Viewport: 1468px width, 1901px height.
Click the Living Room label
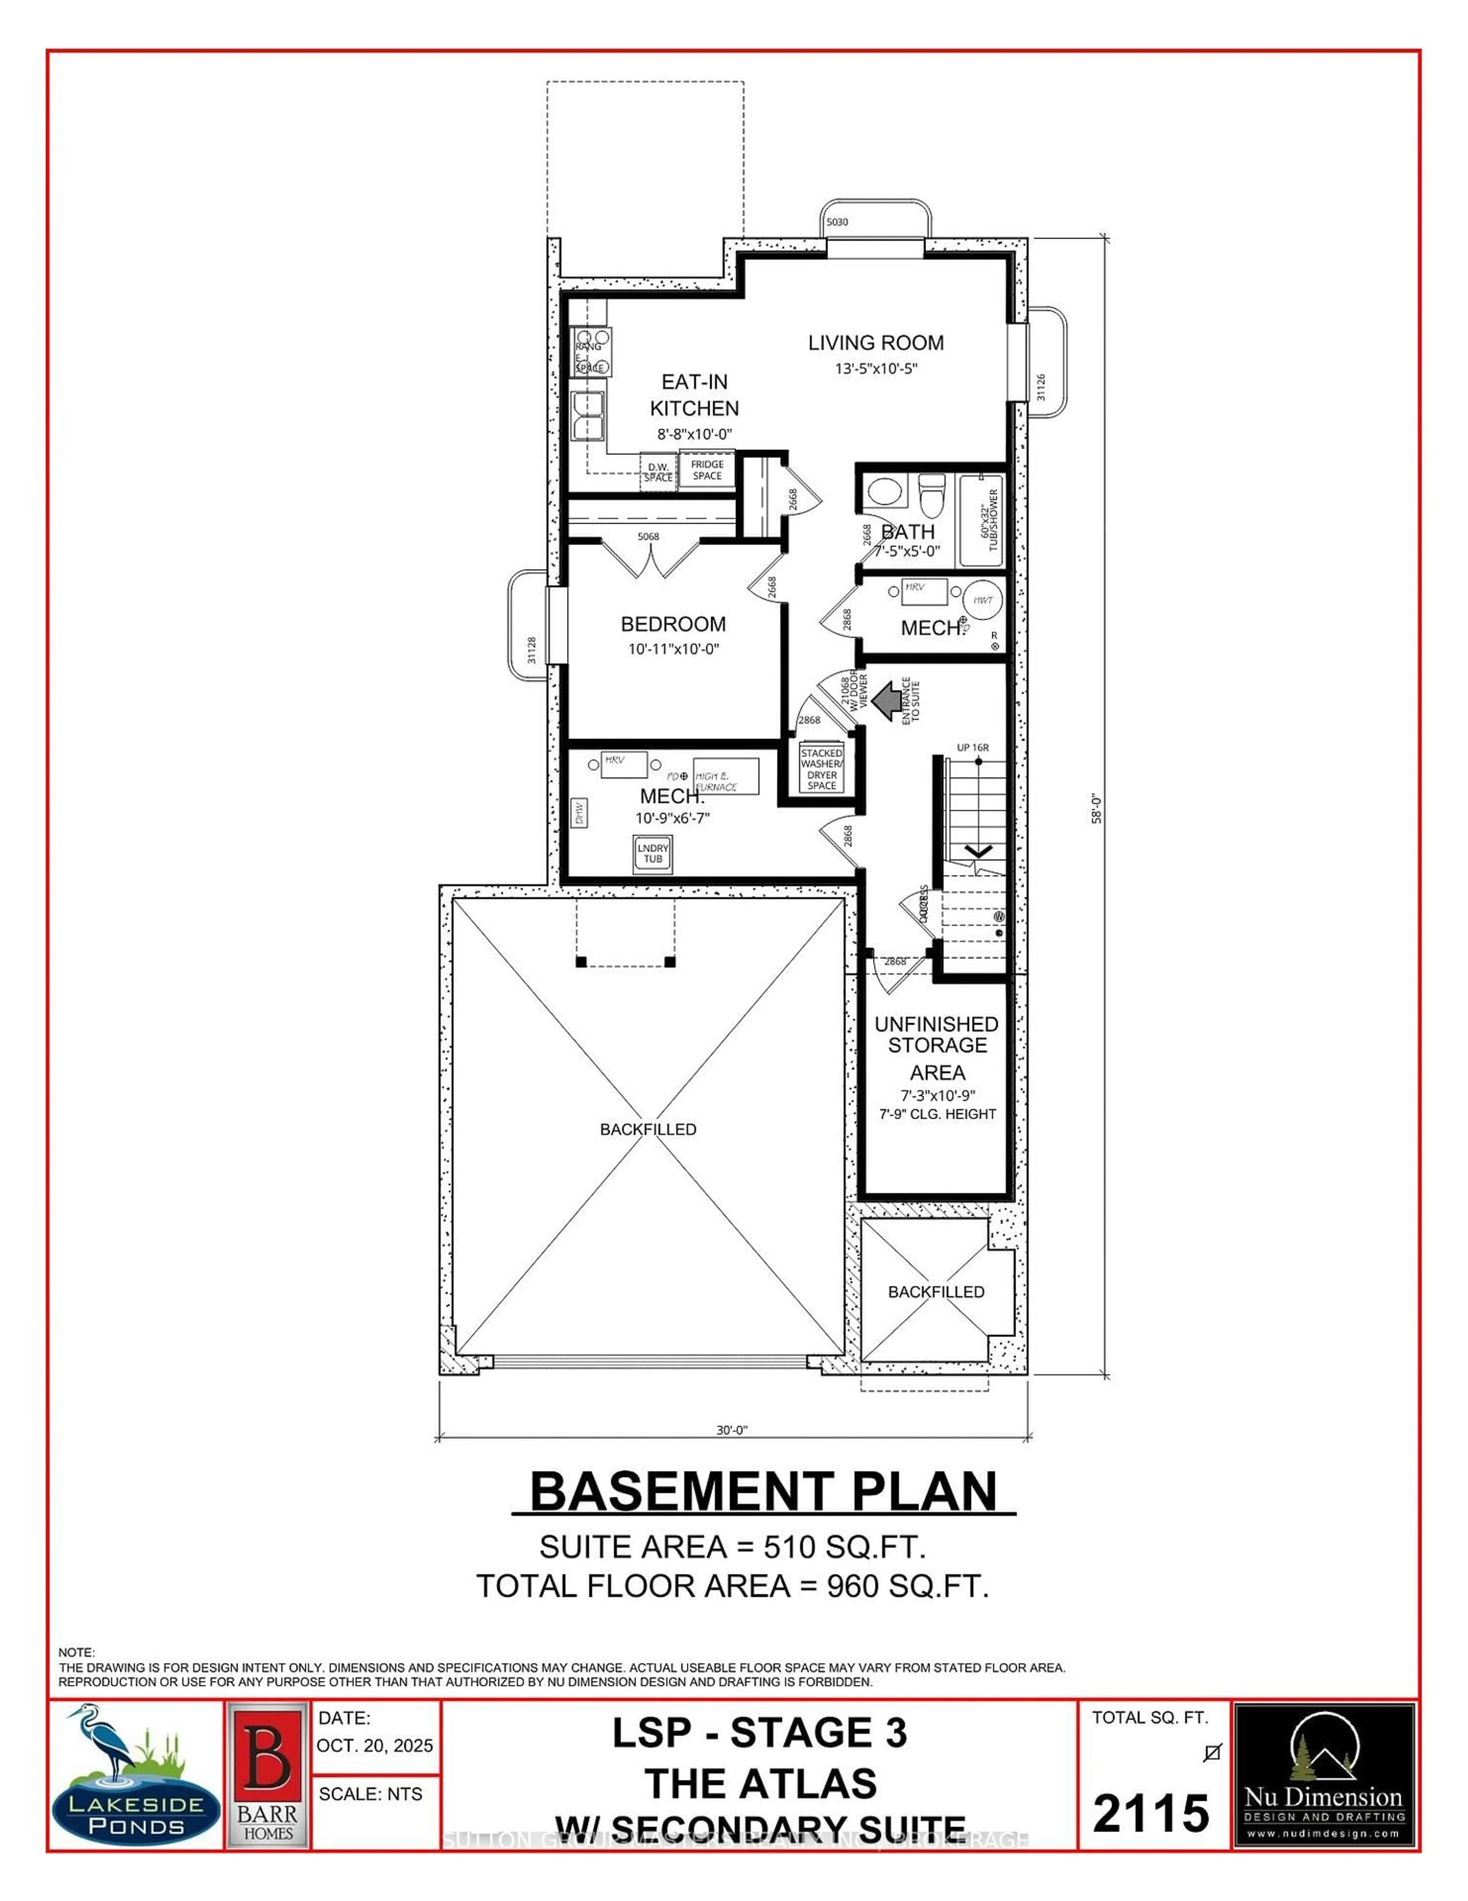coord(875,343)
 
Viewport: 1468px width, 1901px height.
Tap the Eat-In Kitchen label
coord(694,395)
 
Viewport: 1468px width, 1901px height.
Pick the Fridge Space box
coord(708,470)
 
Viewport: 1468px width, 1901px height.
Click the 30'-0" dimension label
coord(732,1429)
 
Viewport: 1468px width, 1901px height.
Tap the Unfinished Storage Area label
coord(936,1048)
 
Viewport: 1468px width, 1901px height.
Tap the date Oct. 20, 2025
coord(374,1746)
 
